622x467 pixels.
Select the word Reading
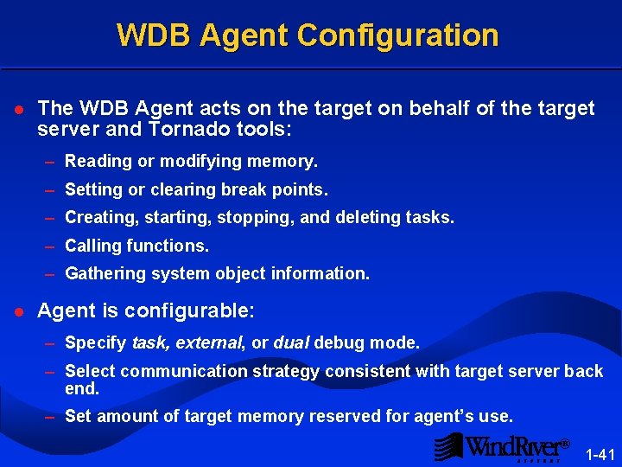pyautogui.click(x=96, y=161)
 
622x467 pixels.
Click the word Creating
pyautogui.click(x=98, y=218)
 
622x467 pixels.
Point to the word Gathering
pyautogui.click(x=102, y=273)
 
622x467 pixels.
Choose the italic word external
pyautogui.click(x=210, y=343)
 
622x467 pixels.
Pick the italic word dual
pyautogui.click(x=291, y=343)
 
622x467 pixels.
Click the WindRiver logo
pyautogui.click(x=501, y=447)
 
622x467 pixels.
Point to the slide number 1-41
pyautogui.click(x=600, y=454)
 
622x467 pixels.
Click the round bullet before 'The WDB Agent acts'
pyautogui.click(x=19, y=110)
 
